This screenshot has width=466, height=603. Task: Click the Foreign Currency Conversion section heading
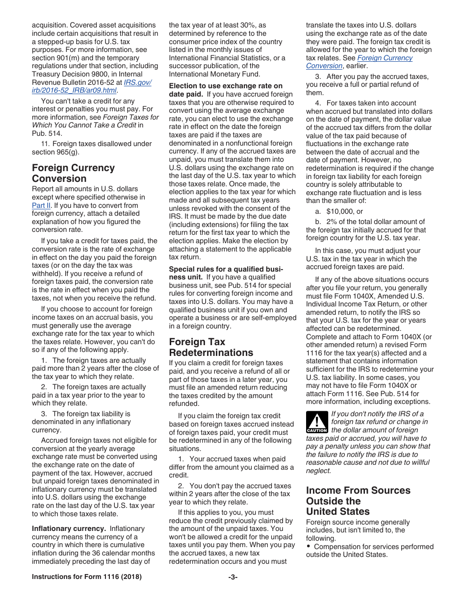(73, 173)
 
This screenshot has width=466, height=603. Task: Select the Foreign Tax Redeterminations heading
(211, 347)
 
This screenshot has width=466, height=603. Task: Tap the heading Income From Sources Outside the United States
(358, 501)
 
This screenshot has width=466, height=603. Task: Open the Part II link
(41, 205)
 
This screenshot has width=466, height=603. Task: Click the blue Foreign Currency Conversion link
(359, 62)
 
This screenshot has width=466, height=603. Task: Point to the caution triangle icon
(316, 422)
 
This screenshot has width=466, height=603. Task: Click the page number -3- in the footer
(233, 577)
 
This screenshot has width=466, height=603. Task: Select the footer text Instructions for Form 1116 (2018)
(86, 577)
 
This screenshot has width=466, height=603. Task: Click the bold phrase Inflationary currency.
(69, 528)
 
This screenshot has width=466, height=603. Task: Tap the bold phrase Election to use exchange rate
(226, 86)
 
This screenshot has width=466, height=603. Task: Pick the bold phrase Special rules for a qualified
(226, 269)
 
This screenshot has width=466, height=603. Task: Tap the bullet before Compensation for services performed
(309, 547)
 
